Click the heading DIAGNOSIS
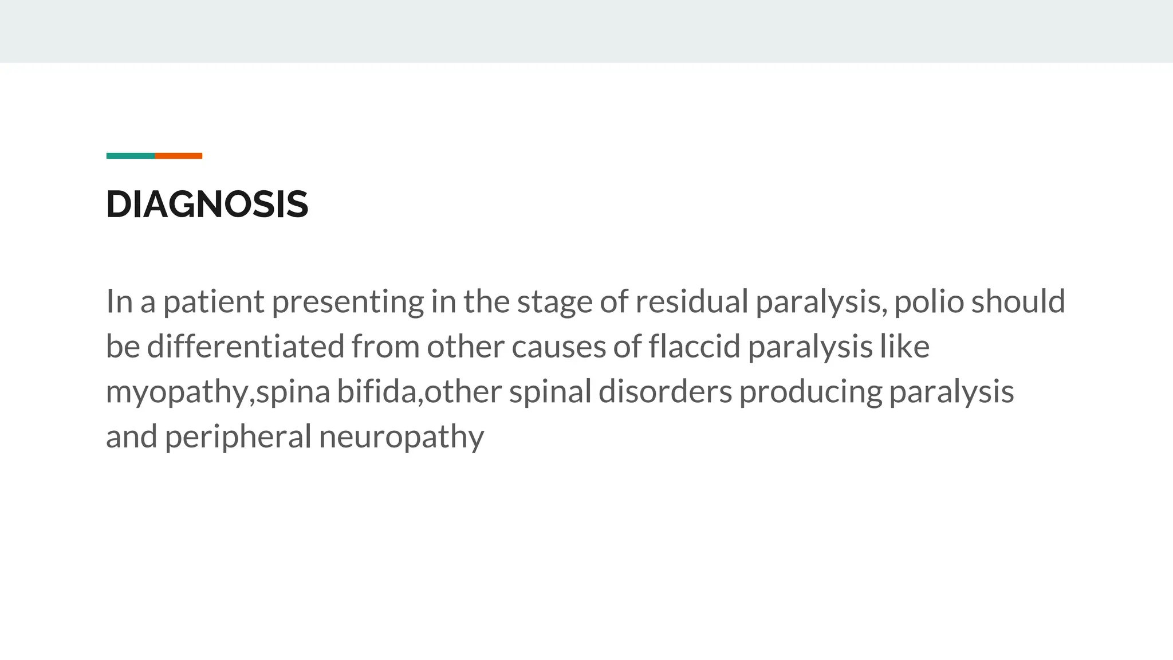point(207,205)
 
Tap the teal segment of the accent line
point(131,156)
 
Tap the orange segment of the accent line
point(178,156)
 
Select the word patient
point(214,301)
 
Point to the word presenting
point(348,302)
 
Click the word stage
point(554,302)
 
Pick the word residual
point(691,301)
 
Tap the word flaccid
point(695,347)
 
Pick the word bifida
point(378,392)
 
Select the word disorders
point(665,392)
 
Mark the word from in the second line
point(385,347)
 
